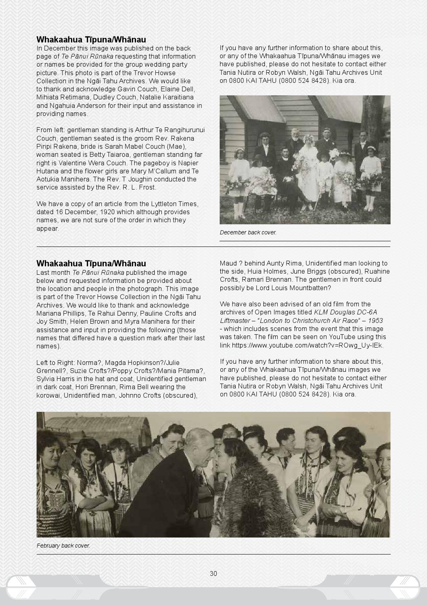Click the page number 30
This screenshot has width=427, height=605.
point(213,573)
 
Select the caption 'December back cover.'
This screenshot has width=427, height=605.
point(248,232)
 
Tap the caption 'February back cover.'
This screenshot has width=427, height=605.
point(63,546)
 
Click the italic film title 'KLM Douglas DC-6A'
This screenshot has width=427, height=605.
point(345,312)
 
